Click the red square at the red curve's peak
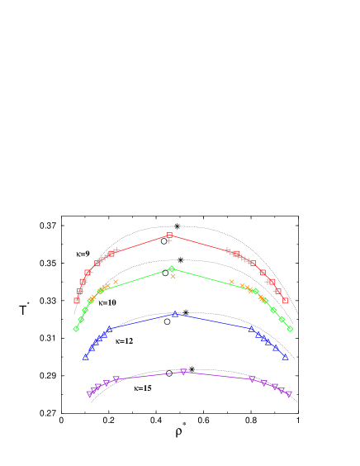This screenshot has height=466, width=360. (169, 235)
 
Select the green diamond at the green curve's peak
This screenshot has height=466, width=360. (172, 269)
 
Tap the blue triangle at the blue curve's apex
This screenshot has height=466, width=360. (175, 314)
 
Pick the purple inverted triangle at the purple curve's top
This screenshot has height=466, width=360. (183, 372)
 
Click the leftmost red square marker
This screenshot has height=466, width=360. (77, 300)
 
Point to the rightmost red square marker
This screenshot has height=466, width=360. (285, 300)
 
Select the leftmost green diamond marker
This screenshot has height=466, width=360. (76, 328)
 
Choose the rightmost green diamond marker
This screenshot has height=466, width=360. (290, 328)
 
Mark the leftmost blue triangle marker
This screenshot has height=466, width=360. (86, 356)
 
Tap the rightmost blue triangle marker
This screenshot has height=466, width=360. (285, 356)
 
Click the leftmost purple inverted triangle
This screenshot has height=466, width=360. (89, 394)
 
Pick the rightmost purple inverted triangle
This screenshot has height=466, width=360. (288, 394)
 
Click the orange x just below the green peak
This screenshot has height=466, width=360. (173, 276)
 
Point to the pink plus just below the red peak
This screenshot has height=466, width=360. (169, 240)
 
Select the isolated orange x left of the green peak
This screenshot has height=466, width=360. (116, 282)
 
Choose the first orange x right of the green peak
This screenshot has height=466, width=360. (232, 282)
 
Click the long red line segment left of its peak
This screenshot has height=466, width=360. (142, 243)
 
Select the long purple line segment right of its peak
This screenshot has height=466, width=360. (218, 376)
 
